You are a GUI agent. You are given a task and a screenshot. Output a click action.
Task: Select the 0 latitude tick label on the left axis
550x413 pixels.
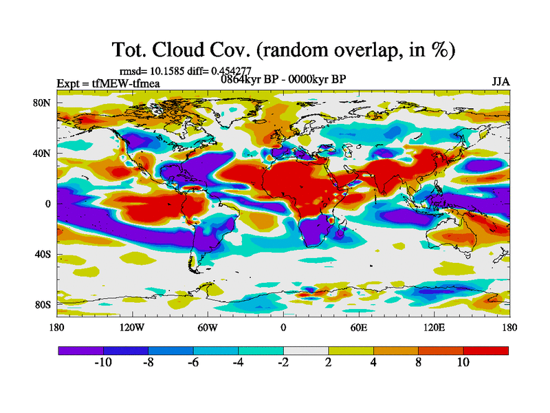(x=47, y=204)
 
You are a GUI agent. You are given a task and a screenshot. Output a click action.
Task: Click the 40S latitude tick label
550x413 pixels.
(x=42, y=254)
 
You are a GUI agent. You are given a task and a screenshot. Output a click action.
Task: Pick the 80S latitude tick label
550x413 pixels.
(x=42, y=304)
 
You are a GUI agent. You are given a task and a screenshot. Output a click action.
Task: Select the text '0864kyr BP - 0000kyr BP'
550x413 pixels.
(x=283, y=79)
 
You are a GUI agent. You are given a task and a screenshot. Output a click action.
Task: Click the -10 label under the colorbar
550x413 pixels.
(x=103, y=363)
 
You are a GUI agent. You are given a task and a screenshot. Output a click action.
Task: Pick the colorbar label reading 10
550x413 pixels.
(x=463, y=363)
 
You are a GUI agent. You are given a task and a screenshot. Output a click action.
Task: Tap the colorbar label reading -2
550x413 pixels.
(x=283, y=363)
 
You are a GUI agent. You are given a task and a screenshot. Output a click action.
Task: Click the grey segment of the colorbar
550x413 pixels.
(x=306, y=350)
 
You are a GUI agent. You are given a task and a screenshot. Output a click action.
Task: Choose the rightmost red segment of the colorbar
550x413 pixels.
(x=486, y=350)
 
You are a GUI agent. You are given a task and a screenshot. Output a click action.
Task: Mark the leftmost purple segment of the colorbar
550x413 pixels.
(x=80, y=350)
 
